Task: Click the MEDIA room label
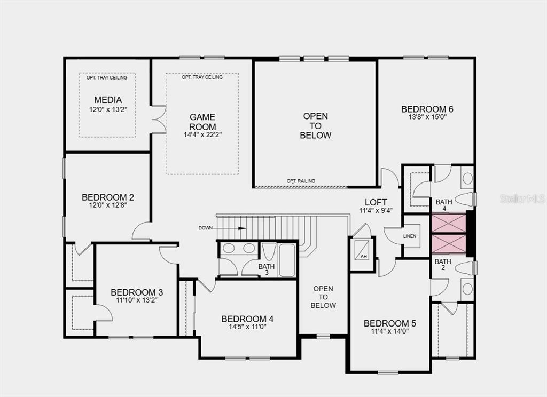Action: point(108,100)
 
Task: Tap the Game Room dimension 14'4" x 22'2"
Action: point(202,134)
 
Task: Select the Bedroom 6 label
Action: point(427,109)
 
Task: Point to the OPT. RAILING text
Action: point(301,181)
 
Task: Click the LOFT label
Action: point(376,202)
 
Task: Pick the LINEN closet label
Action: point(410,236)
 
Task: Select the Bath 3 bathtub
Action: point(287,260)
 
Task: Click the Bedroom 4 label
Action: point(247,319)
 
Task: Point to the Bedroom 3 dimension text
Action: point(137,300)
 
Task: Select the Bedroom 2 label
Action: point(108,197)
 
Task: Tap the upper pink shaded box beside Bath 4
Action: point(449,223)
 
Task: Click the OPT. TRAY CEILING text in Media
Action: point(107,78)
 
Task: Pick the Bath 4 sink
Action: point(467,178)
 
